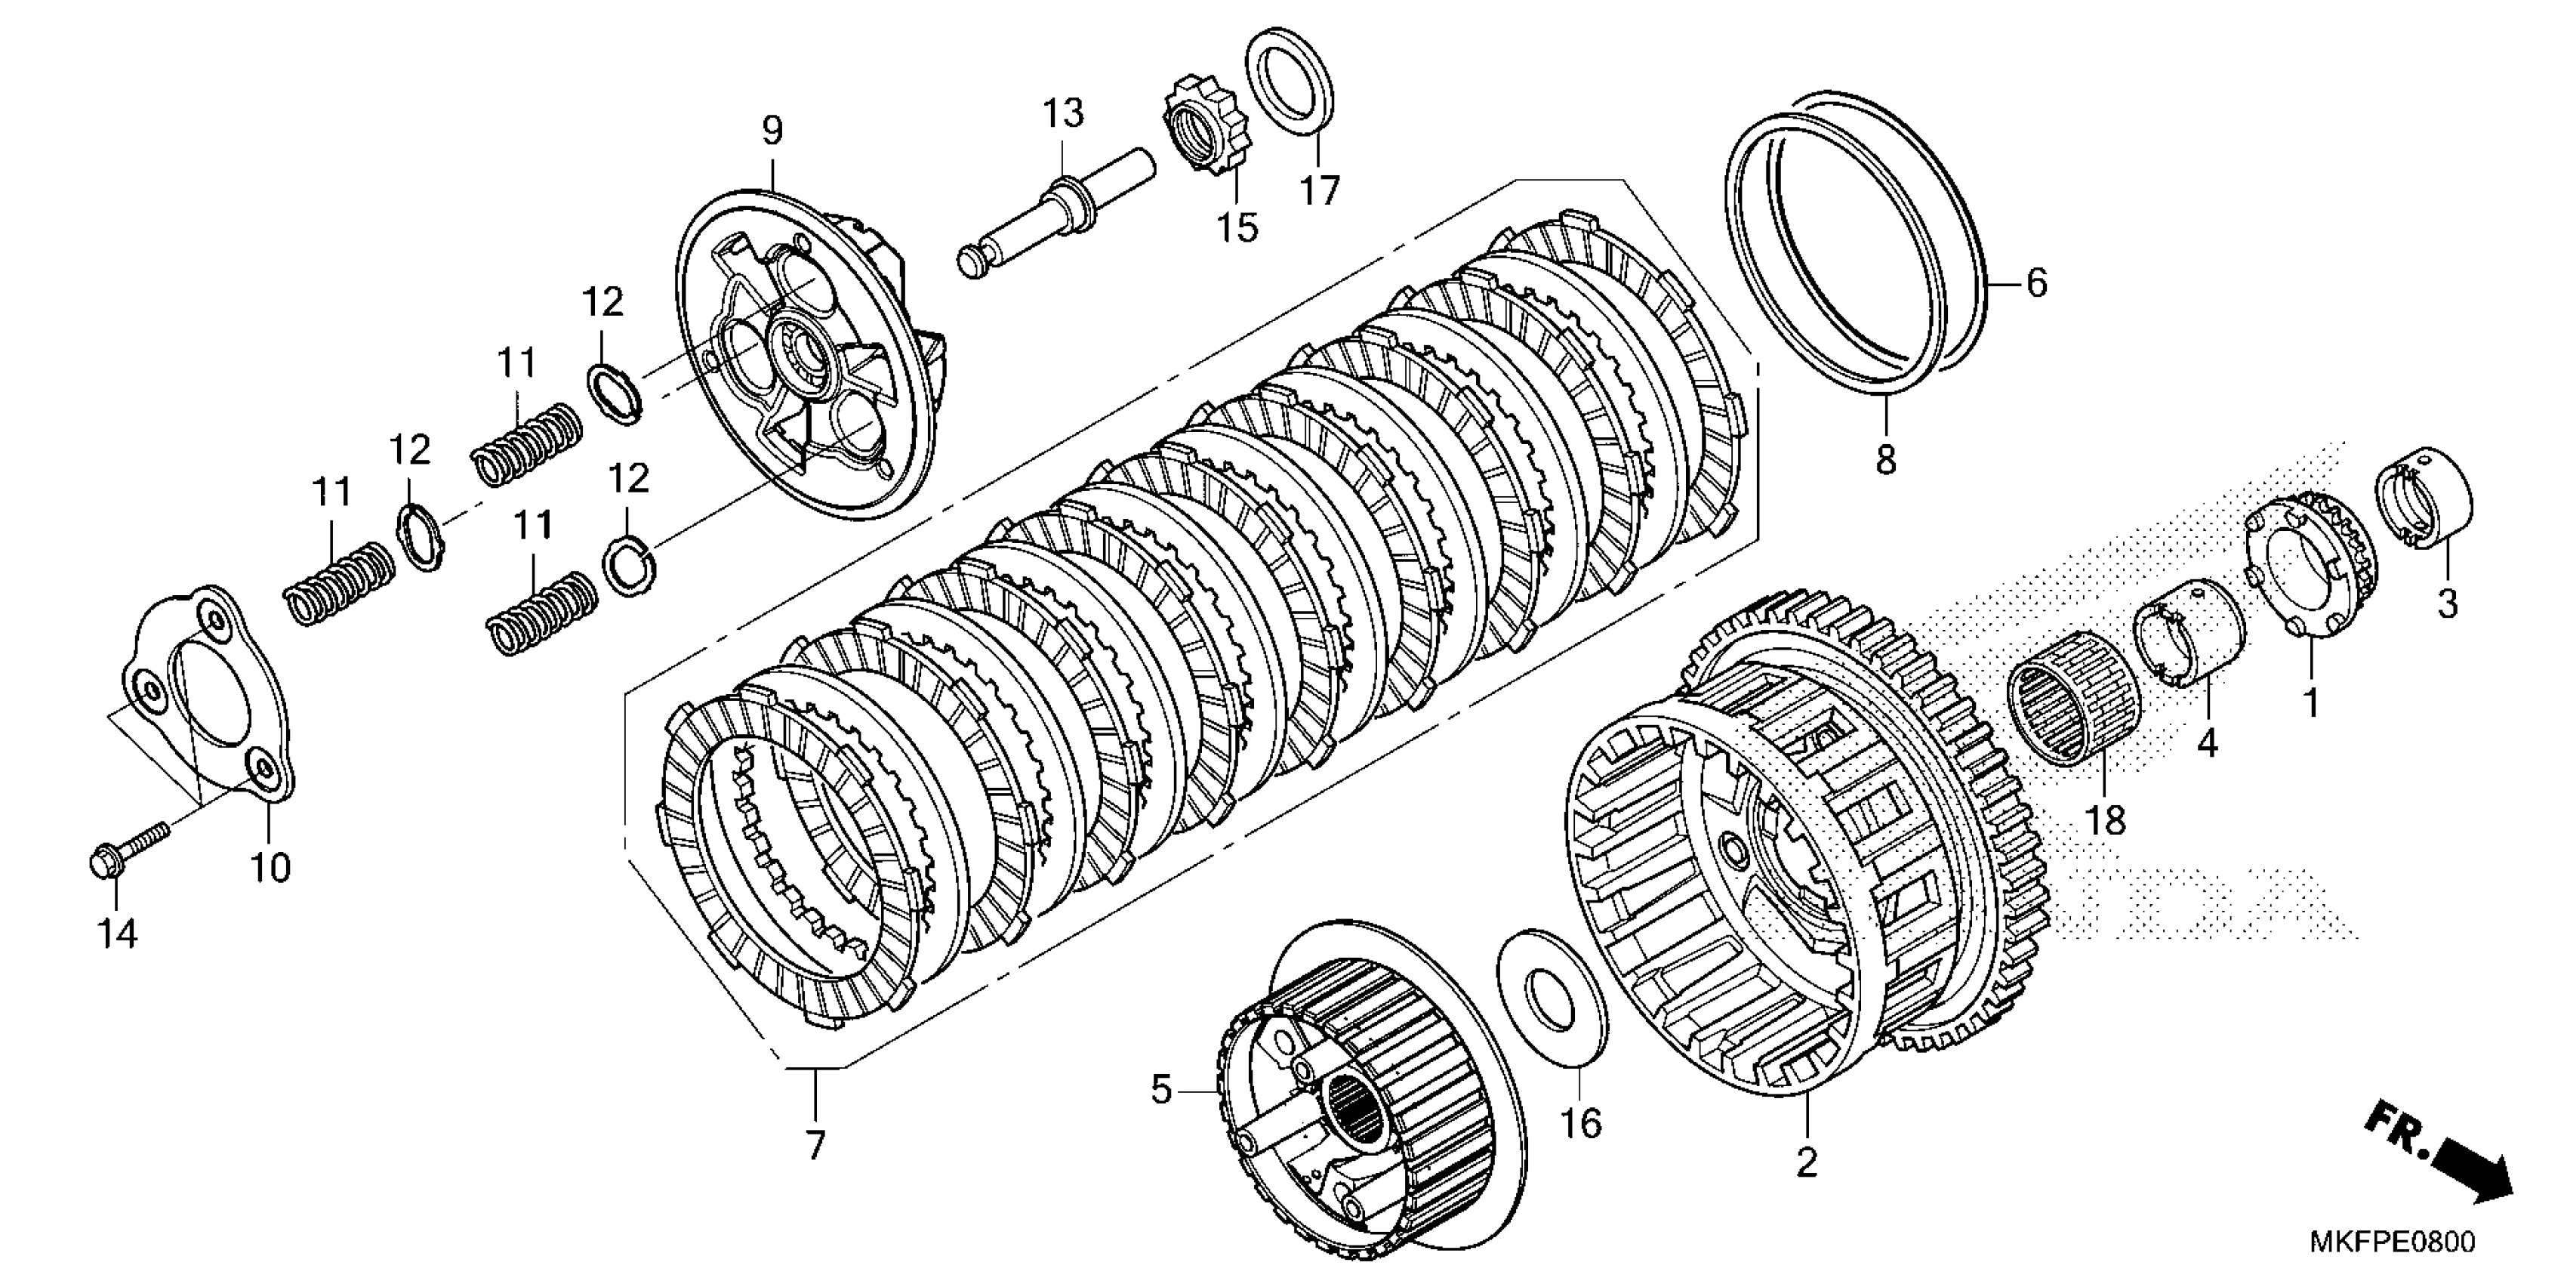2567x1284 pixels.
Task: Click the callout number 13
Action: click(x=1063, y=113)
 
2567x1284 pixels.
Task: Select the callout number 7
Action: click(x=816, y=1147)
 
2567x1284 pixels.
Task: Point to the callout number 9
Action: click(x=773, y=130)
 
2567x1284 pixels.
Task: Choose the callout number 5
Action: click(x=1161, y=1091)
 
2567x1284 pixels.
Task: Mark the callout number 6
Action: click(x=2036, y=284)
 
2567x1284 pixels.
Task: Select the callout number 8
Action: click(x=1885, y=461)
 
